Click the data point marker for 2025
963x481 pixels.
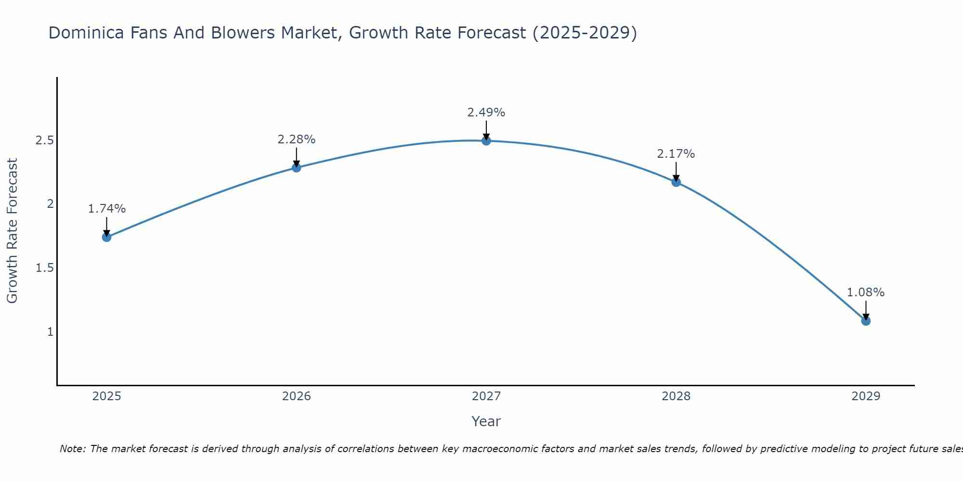pyautogui.click(x=106, y=237)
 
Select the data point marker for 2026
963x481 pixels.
pyautogui.click(x=297, y=168)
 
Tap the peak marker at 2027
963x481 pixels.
pyautogui.click(x=486, y=141)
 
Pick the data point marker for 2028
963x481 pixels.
pyautogui.click(x=676, y=182)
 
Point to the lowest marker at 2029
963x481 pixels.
pyautogui.click(x=866, y=321)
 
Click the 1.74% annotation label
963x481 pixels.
pyautogui.click(x=106, y=209)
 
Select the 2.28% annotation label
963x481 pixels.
pyautogui.click(x=297, y=139)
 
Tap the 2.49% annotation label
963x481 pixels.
pyautogui.click(x=486, y=113)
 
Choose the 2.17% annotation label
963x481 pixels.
pyautogui.click(x=676, y=154)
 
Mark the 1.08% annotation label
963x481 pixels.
pyautogui.click(x=866, y=292)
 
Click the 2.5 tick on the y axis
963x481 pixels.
pyautogui.click(x=44, y=140)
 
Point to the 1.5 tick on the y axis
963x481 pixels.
pyautogui.click(x=44, y=268)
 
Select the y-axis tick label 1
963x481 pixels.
pyautogui.click(x=50, y=332)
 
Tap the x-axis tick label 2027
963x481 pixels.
pyautogui.click(x=486, y=396)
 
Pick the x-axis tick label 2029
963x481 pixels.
pyautogui.click(x=866, y=396)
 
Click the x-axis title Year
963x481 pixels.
pyautogui.click(x=486, y=421)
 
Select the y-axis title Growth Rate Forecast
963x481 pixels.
pyautogui.click(x=13, y=231)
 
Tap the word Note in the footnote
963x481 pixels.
pyautogui.click(x=72, y=449)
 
